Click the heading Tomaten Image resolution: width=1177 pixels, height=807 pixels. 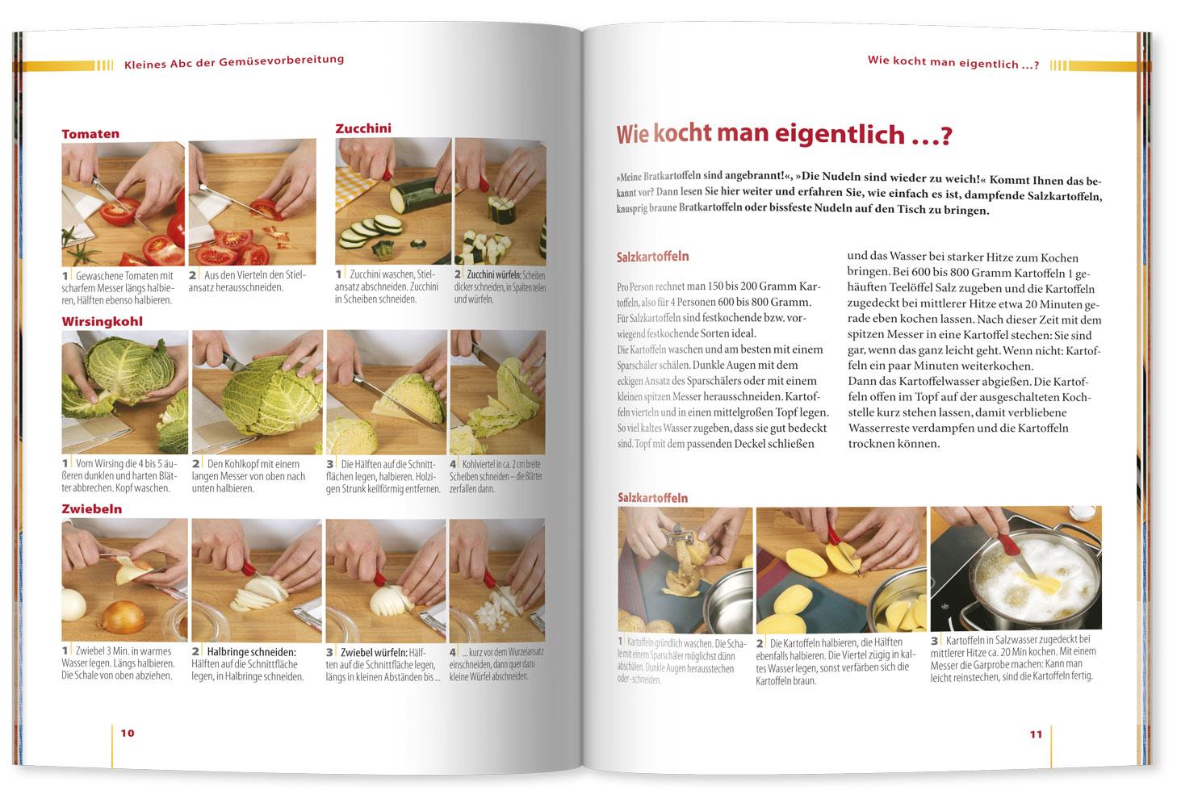point(90,134)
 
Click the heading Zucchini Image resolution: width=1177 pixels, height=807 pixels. point(363,128)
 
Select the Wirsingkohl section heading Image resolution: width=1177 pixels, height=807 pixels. point(103,321)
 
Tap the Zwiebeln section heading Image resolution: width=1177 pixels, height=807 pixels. point(92,509)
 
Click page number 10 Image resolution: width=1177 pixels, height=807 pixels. point(128,733)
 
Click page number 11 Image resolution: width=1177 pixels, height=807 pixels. point(1036,734)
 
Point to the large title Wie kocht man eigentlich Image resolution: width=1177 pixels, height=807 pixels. point(784,135)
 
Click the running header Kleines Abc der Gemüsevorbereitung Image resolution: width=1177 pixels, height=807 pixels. point(234,60)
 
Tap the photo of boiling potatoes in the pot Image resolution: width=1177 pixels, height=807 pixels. point(1016,568)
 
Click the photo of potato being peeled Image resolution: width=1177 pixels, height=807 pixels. point(685,568)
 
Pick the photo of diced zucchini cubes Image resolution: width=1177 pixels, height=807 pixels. point(499,201)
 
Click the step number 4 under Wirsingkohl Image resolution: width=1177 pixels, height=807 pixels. point(454,464)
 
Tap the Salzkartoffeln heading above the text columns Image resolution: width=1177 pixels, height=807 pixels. point(652,257)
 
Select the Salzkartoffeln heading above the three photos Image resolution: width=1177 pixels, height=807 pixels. point(652,498)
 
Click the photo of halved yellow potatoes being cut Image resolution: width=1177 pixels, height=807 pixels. point(841,568)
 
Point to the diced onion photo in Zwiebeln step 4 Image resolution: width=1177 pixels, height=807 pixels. point(496,579)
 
